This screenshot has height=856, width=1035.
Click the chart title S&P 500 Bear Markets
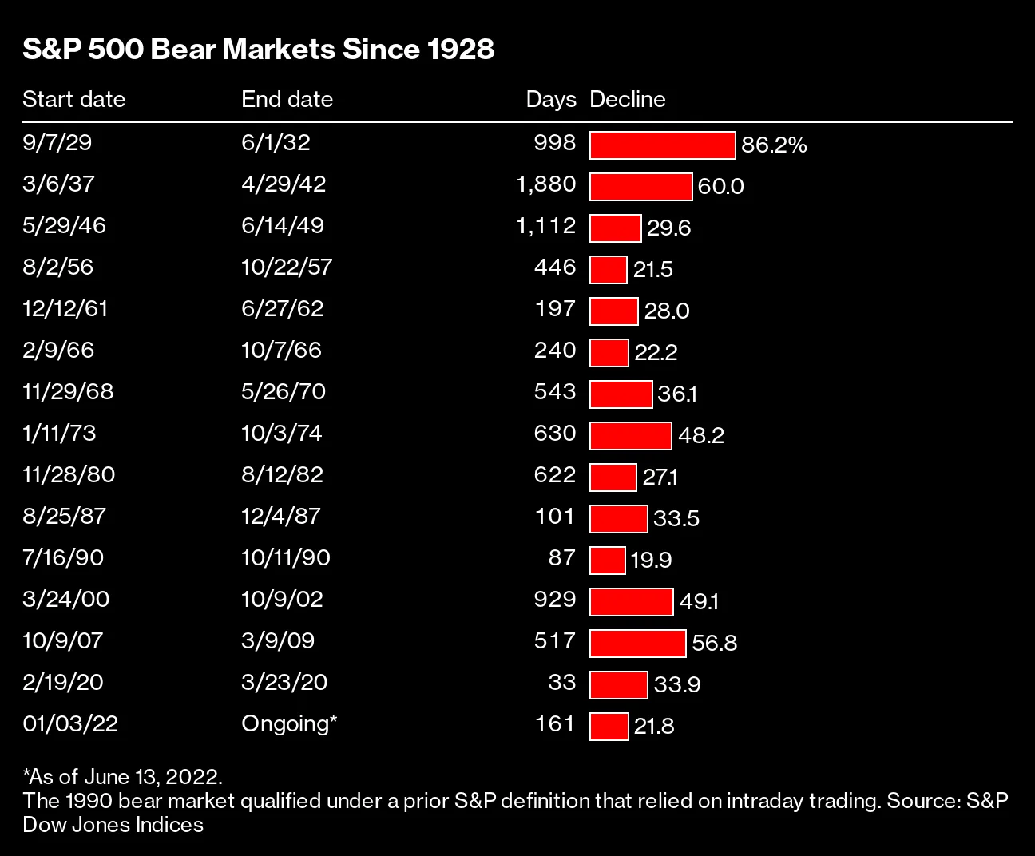tap(258, 50)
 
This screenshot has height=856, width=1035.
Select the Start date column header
tap(73, 99)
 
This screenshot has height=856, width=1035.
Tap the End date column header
tap(287, 99)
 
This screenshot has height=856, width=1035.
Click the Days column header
tap(550, 99)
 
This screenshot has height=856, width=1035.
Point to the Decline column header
tap(627, 99)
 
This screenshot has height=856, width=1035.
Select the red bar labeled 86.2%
tap(662, 145)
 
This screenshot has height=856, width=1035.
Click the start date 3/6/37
tap(58, 184)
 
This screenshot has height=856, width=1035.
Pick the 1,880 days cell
tap(546, 184)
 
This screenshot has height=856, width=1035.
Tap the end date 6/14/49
tap(283, 225)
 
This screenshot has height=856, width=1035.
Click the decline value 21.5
tap(652, 270)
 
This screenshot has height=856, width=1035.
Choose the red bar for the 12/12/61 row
tap(613, 311)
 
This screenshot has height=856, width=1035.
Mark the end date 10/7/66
tap(282, 350)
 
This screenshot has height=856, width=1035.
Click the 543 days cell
tap(555, 391)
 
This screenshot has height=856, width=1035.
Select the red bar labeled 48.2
tap(631, 436)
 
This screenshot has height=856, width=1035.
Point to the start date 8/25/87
tap(64, 516)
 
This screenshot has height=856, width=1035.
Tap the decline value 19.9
tap(650, 561)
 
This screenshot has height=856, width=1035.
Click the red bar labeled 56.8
tap(637, 644)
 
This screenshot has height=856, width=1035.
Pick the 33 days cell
tap(562, 682)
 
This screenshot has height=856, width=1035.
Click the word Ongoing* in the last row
tap(289, 723)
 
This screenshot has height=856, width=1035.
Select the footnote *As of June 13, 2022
tap(123, 776)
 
